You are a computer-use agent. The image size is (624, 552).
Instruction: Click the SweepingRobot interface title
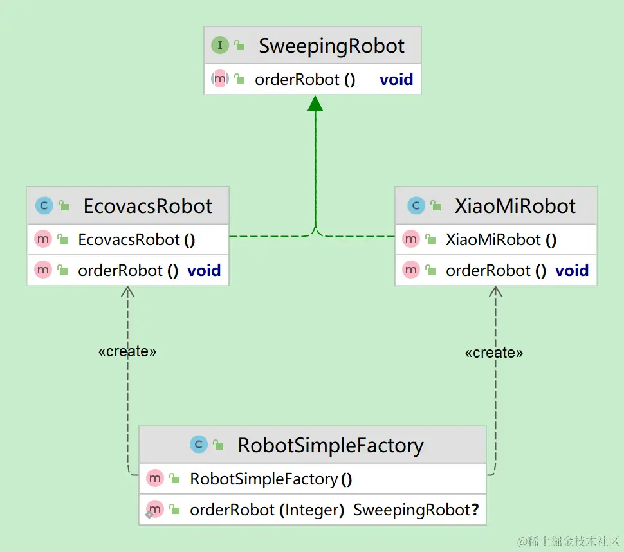331,46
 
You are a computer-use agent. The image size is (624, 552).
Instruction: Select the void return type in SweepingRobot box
396,80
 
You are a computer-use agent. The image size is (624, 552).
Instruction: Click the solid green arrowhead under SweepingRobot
315,104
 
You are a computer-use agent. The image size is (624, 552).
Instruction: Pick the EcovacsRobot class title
147,206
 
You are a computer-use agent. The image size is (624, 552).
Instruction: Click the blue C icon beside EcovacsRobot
44,206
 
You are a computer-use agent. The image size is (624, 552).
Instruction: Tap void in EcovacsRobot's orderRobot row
204,271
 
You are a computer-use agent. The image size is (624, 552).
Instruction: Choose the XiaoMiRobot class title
515,206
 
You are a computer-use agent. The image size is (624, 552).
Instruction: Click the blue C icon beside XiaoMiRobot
416,206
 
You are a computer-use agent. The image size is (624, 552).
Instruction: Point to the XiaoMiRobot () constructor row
501,240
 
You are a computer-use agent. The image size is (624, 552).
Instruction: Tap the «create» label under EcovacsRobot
127,351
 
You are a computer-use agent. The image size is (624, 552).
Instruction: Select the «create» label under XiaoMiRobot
493,353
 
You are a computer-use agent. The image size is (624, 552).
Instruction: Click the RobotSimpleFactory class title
331,445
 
